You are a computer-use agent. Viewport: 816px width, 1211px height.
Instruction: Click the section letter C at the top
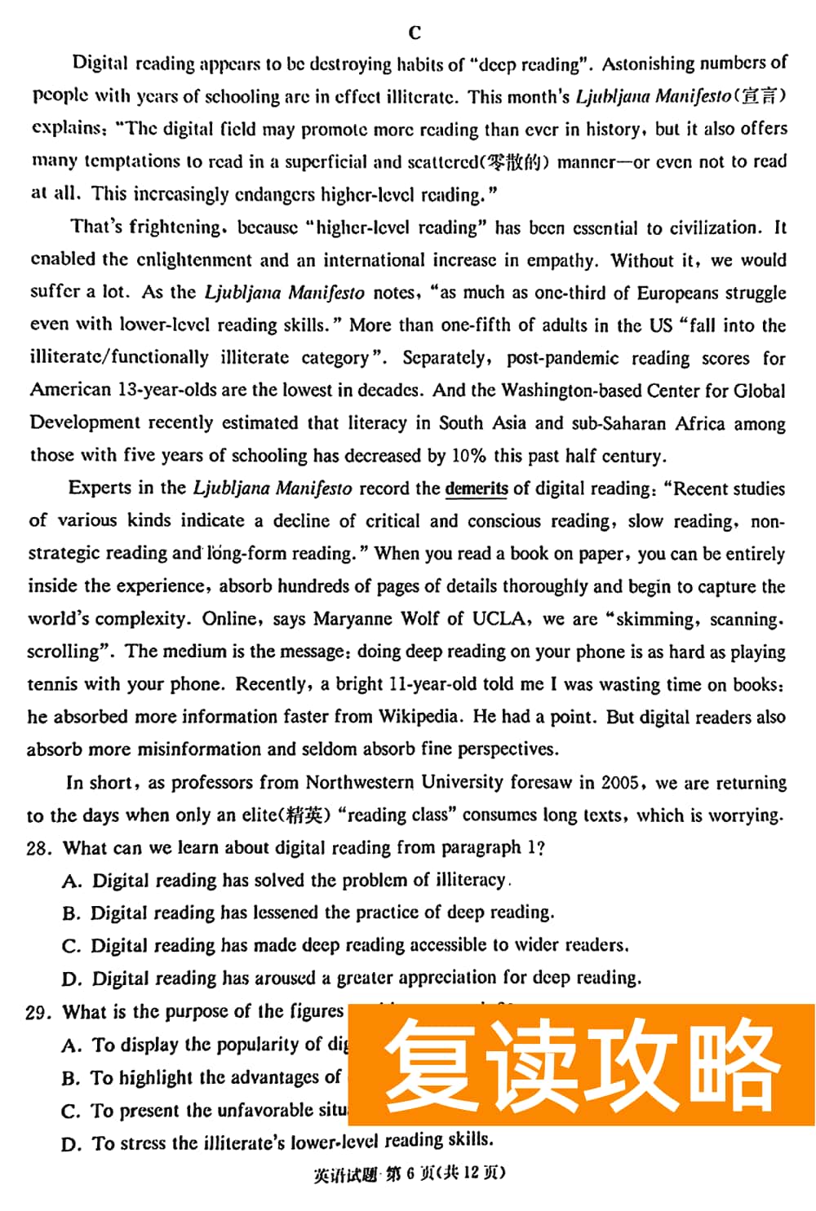pos(415,33)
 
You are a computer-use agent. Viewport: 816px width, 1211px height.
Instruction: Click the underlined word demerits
pos(477,488)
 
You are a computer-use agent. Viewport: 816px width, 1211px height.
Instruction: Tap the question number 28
pos(38,848)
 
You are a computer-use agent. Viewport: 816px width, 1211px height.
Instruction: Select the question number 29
pos(38,1012)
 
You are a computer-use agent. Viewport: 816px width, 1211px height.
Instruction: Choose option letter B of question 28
pos(71,913)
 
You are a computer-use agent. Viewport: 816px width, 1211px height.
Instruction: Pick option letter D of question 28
pos(72,979)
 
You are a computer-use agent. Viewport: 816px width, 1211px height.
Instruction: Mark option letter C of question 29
pos(71,1111)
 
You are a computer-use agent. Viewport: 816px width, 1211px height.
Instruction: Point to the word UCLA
pos(498,619)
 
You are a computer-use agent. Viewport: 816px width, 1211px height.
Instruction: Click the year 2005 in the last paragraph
pos(619,783)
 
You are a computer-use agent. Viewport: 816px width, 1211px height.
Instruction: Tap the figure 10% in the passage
pos(468,456)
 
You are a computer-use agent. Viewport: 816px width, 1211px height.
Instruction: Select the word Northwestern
pos(360,783)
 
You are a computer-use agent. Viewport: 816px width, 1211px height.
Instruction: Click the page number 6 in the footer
pos(410,1173)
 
